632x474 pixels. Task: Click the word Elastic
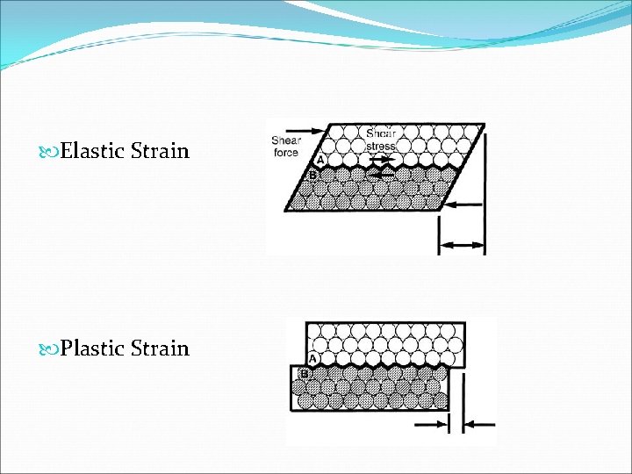pyautogui.click(x=95, y=151)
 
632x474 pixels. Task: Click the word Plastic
pyautogui.click(x=95, y=348)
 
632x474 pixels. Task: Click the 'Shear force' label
pyautogui.click(x=285, y=146)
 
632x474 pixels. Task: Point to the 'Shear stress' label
pyautogui.click(x=381, y=140)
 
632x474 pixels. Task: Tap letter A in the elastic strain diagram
pyautogui.click(x=320, y=160)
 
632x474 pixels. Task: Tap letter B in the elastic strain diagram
pyautogui.click(x=312, y=176)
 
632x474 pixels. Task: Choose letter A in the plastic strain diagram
pyautogui.click(x=312, y=358)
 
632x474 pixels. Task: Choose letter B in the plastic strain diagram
pyautogui.click(x=304, y=374)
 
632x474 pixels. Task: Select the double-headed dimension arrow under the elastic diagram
pyautogui.click(x=462, y=246)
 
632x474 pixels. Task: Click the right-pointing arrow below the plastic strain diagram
pyautogui.click(x=432, y=424)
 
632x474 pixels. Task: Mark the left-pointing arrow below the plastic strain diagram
pyautogui.click(x=478, y=424)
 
